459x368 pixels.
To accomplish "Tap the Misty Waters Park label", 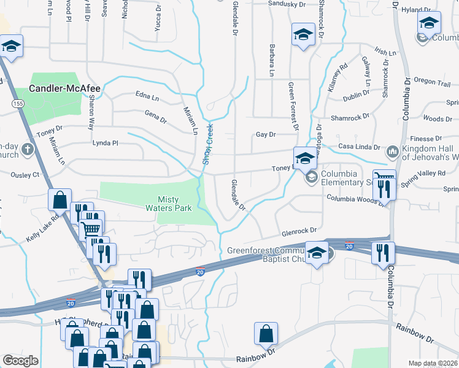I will pyautogui.click(x=175, y=203).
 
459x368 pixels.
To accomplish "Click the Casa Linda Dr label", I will pyautogui.click(x=358, y=147).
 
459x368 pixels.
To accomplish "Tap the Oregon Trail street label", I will pyautogui.click(x=432, y=82).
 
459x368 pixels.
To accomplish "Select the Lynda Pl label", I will pyautogui.click(x=104, y=142).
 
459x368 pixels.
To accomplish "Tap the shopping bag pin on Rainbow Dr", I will pyautogui.click(x=266, y=334).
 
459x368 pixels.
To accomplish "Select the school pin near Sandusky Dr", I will pyautogui.click(x=303, y=34).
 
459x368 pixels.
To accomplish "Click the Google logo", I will pyautogui.click(x=20, y=360).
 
